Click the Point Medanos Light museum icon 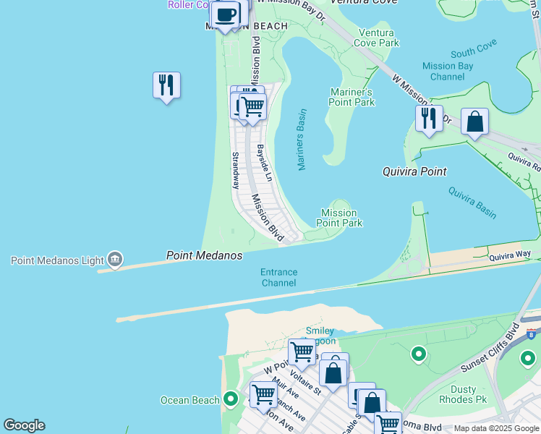[x=114, y=260]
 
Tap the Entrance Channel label [x=278, y=278]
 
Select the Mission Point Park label [x=339, y=218]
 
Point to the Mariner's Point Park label [x=352, y=97]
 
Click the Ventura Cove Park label [x=376, y=38]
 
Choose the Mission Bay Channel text [x=448, y=72]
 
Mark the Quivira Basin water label [x=472, y=203]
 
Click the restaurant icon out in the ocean [x=166, y=85]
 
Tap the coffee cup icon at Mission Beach [x=226, y=14]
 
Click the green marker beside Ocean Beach [x=231, y=399]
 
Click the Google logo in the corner [x=24, y=425]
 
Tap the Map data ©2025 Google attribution [x=497, y=428]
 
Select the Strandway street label [x=235, y=171]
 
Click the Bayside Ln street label [x=265, y=163]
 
